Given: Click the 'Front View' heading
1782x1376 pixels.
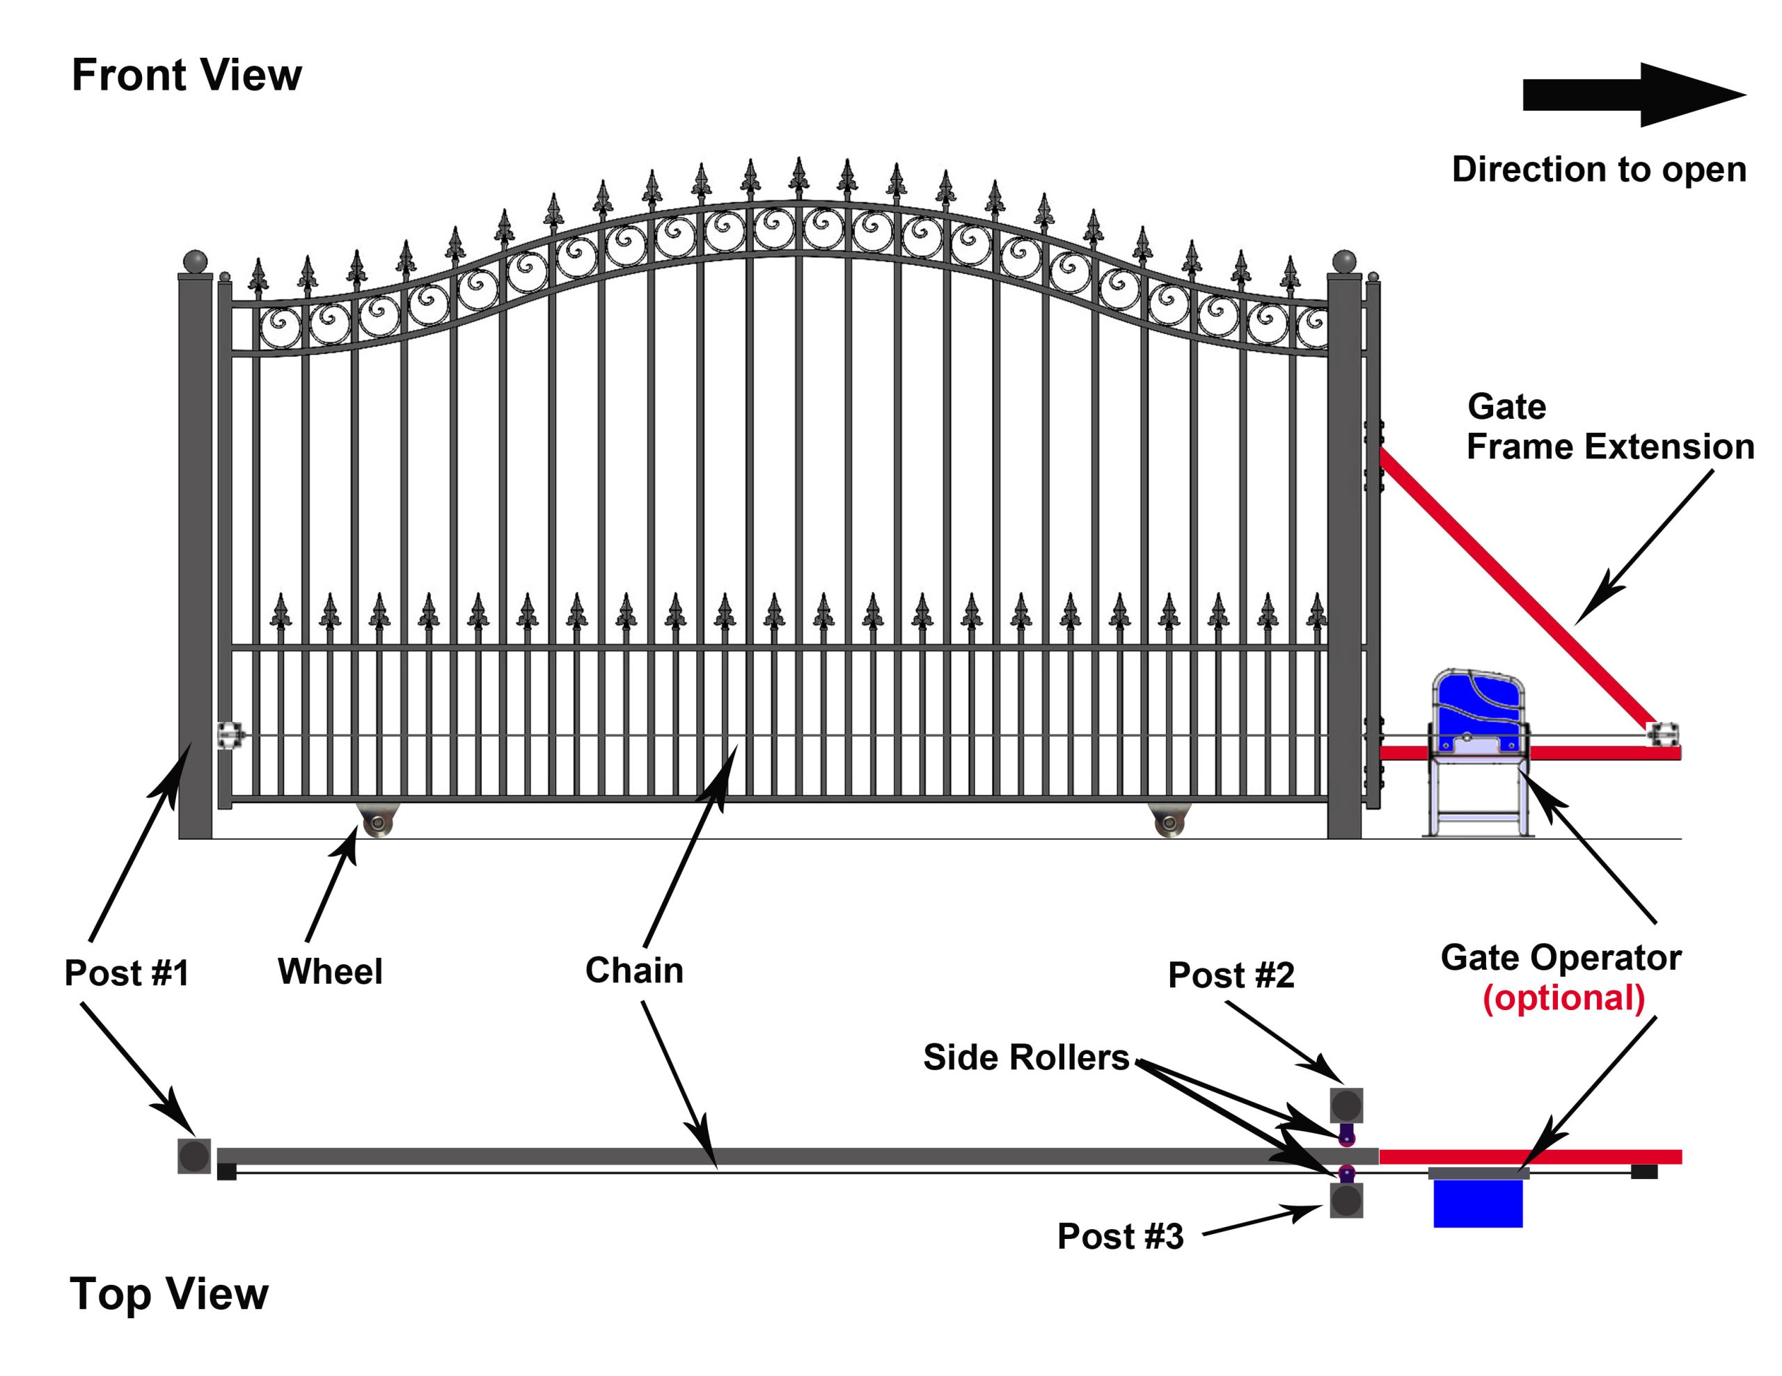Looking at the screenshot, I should point(186,75).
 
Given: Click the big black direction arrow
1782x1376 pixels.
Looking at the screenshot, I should point(1632,95).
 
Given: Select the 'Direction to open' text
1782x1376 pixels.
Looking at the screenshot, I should point(1598,170).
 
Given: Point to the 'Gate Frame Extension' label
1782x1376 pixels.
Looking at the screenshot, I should point(1609,426).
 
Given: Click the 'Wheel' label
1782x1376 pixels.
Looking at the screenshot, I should point(330,971).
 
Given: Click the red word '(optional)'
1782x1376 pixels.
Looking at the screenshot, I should point(1563,998).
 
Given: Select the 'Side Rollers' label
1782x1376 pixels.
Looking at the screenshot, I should point(1025,1057).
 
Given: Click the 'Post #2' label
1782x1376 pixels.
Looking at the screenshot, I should point(1231,975).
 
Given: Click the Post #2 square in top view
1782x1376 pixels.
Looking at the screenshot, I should point(1346,1106).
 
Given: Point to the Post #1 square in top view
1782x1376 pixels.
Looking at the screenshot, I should point(194,1155).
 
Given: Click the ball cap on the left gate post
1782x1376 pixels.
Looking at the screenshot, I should point(196,262).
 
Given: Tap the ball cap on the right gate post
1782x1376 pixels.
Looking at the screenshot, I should point(1344,262).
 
